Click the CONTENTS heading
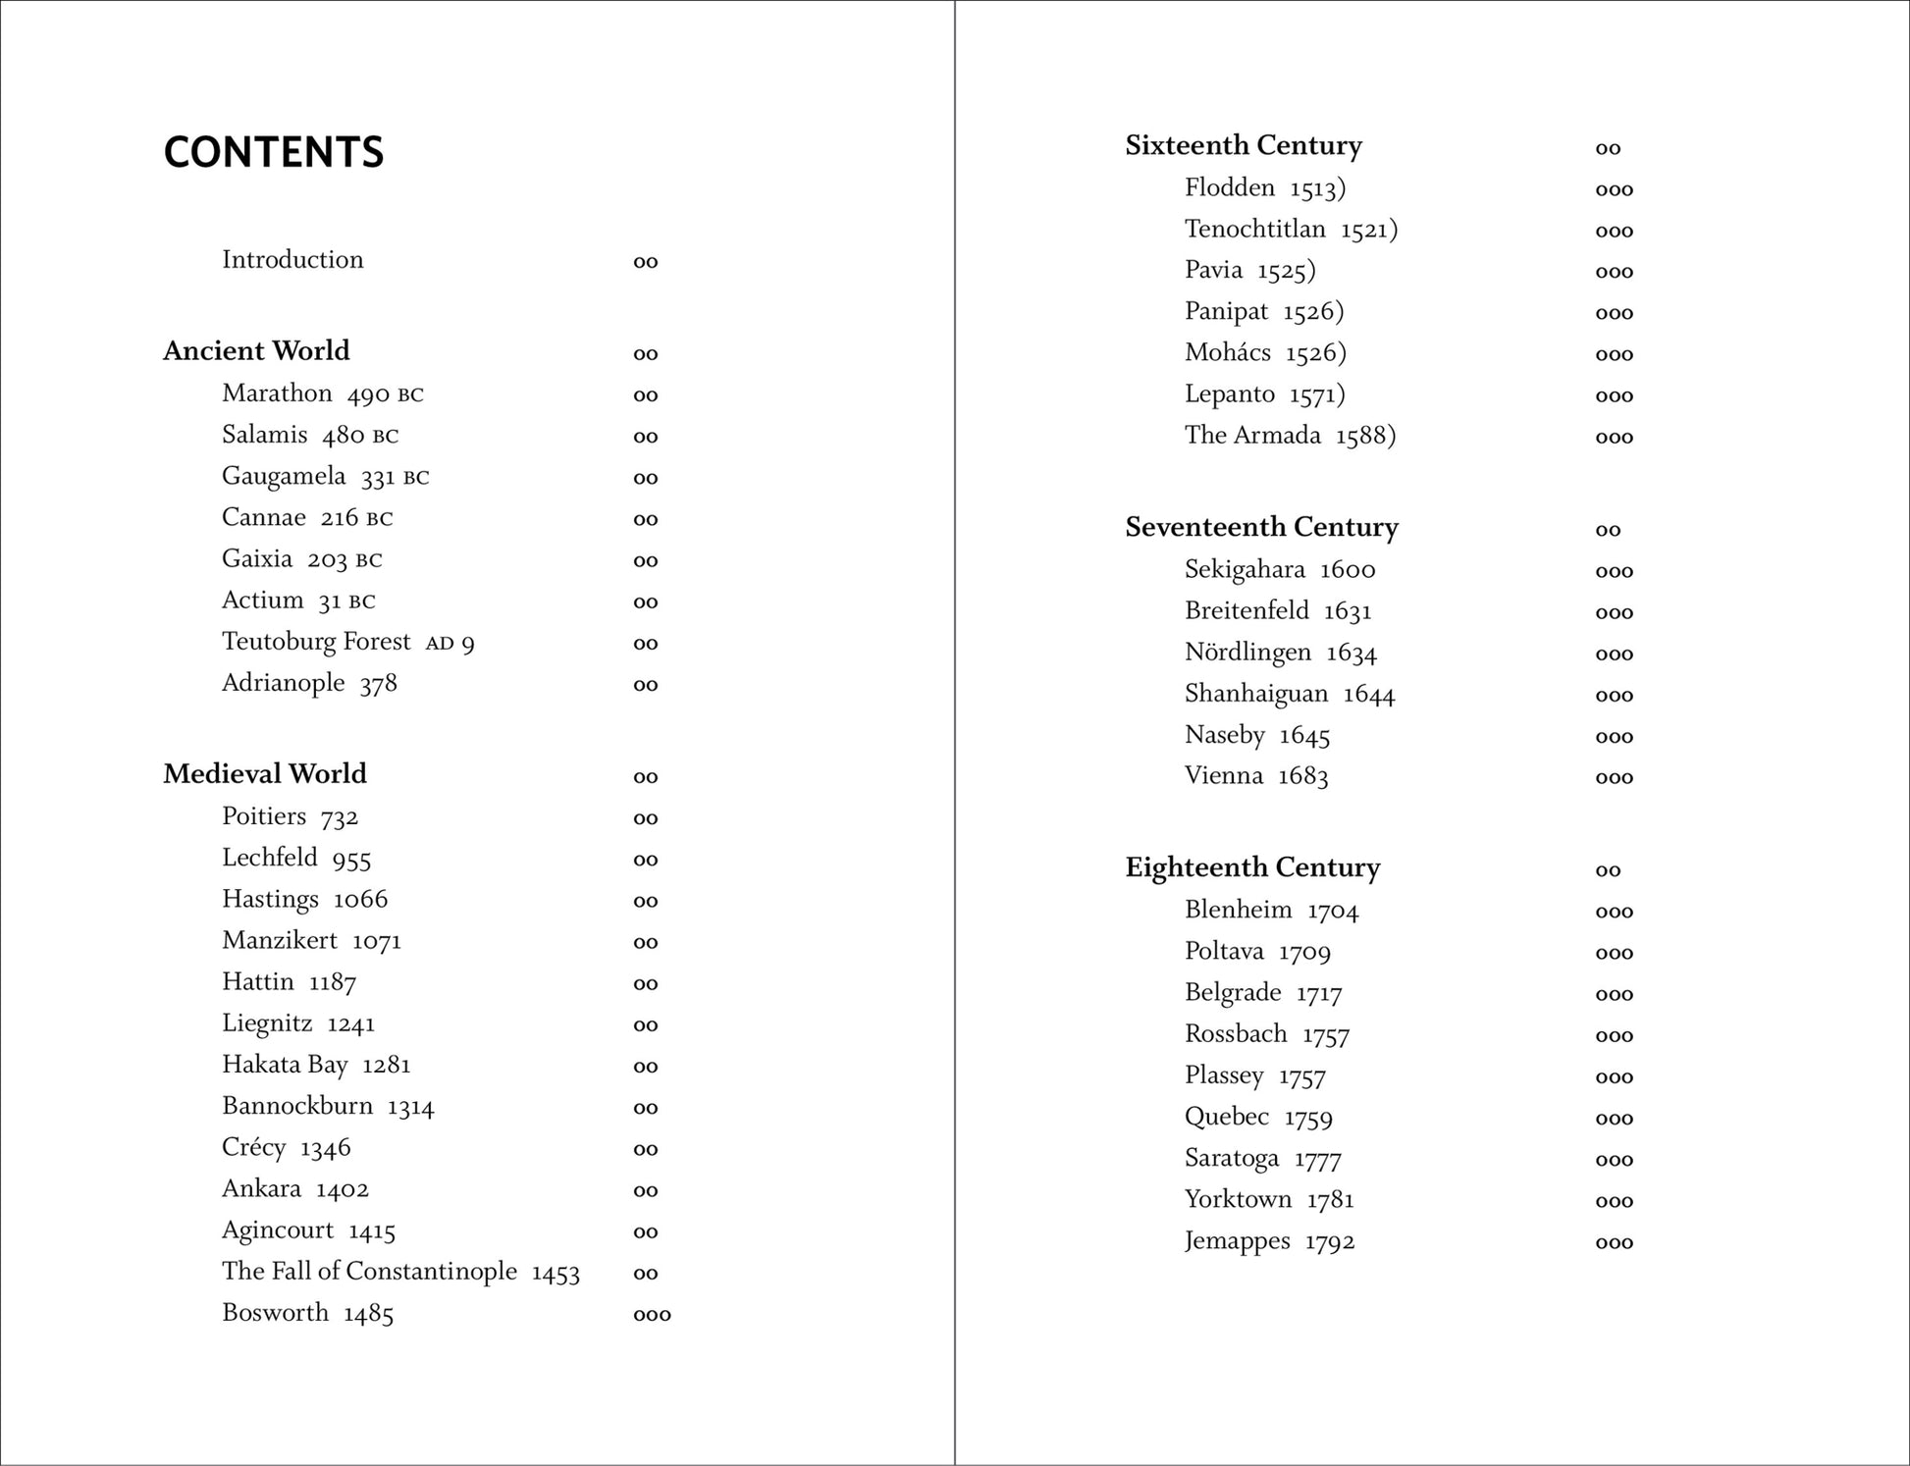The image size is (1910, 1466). click(x=273, y=152)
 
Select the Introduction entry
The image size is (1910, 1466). click(x=292, y=260)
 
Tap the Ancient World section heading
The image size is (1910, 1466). click(x=256, y=351)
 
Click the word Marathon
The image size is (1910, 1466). click(x=277, y=393)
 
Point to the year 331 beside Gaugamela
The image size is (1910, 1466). click(x=378, y=478)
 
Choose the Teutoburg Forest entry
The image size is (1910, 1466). click(x=316, y=642)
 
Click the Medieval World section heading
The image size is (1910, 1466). click(x=265, y=774)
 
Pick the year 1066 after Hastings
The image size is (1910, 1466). click(x=360, y=900)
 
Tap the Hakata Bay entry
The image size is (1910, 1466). click(x=285, y=1065)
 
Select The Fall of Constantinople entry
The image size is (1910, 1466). click(x=369, y=1272)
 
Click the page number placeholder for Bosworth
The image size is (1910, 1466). click(x=652, y=1315)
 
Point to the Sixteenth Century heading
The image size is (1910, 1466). click(x=1244, y=145)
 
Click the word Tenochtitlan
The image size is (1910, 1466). click(x=1254, y=230)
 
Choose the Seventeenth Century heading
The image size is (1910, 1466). click(x=1261, y=527)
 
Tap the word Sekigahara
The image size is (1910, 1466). click(x=1245, y=570)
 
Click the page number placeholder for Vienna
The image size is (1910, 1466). click(x=1614, y=778)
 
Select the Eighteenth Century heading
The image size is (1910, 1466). click(x=1252, y=867)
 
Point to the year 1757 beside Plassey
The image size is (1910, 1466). click(x=1301, y=1076)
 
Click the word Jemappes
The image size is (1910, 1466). click(x=1237, y=1241)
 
